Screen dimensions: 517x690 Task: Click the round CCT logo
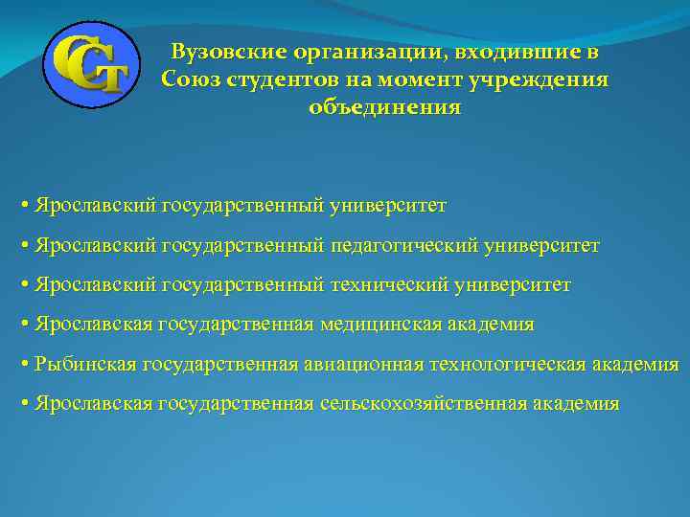coord(92,64)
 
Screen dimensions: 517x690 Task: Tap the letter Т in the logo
coord(108,76)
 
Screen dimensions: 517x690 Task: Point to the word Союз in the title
coord(191,79)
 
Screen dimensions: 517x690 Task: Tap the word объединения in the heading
coord(384,107)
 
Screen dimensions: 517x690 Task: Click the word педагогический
coord(407,246)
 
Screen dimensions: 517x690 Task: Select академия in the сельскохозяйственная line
coord(575,403)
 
